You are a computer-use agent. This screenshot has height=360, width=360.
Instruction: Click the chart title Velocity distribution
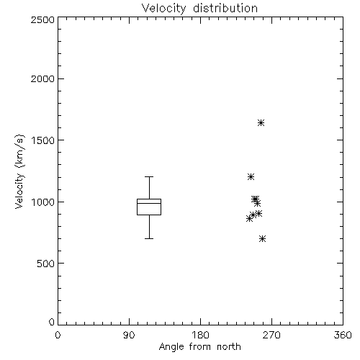coord(199,9)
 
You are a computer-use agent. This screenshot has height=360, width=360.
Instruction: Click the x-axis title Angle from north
coord(199,347)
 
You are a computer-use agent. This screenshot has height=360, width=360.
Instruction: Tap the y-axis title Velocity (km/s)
coord(19,171)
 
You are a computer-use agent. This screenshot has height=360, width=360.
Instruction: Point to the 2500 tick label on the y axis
coord(42,19)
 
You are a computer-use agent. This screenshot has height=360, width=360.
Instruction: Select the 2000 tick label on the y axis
coord(42,78)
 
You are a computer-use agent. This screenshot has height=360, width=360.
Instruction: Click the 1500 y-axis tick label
coord(43,140)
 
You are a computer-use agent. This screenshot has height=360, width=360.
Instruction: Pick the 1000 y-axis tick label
coord(43,202)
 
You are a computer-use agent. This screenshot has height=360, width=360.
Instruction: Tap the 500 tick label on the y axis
coord(46,264)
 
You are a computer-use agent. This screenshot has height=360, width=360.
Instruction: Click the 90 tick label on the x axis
coord(129,335)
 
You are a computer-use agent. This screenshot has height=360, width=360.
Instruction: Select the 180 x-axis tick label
coord(200,335)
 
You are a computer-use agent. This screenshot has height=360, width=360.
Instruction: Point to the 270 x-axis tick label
coord(271,335)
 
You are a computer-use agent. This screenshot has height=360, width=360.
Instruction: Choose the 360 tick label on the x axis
coord(343,335)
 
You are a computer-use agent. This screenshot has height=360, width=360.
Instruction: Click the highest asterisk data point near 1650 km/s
coord(261,123)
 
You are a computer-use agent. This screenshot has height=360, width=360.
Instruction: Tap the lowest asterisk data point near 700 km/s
coord(262,238)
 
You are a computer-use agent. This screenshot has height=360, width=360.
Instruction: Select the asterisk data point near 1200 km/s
coord(251,177)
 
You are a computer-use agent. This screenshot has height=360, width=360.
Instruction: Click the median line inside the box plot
coord(149,203)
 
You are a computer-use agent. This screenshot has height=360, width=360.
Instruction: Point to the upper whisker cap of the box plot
coord(149,176)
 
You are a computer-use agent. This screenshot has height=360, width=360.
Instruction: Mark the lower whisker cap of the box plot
coord(149,238)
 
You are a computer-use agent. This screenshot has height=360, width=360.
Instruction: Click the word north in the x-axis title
coord(229,347)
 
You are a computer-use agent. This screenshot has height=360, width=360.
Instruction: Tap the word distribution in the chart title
coord(225,9)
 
